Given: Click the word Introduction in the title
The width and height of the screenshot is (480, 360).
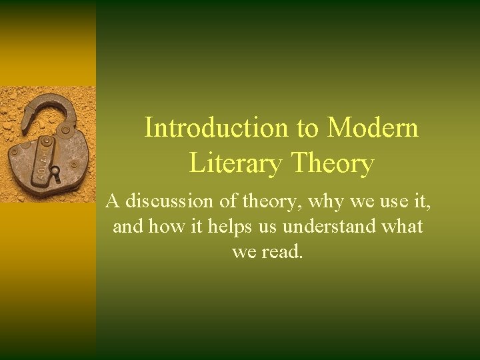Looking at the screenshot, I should [x=211, y=127].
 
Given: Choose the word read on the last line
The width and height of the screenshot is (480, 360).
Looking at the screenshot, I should [x=283, y=253].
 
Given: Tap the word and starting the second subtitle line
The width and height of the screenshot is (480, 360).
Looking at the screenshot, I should [x=127, y=226].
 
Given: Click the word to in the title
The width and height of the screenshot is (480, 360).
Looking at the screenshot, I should [x=308, y=127].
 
